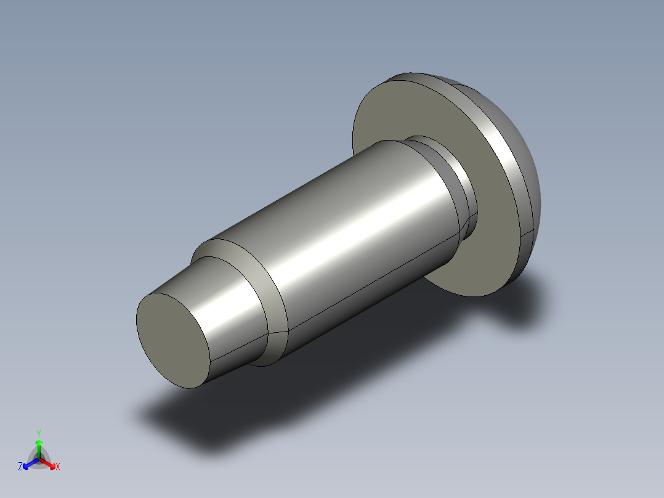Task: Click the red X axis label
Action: (x=58, y=467)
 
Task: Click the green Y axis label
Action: (x=39, y=433)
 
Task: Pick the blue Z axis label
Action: (x=20, y=467)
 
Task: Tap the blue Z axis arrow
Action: (x=28, y=463)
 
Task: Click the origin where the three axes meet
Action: (x=39, y=458)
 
